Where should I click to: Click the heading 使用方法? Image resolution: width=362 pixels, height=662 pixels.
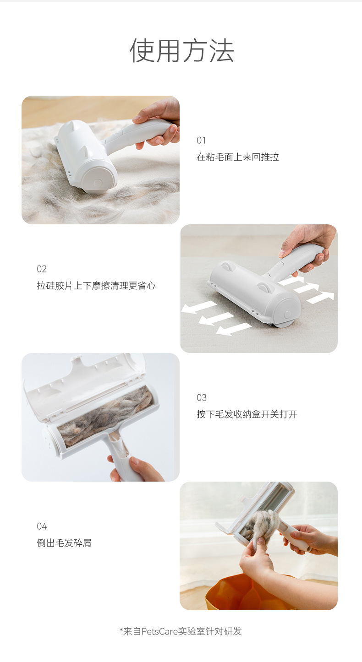click(x=181, y=50)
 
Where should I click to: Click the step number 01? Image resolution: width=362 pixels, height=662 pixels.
click(x=202, y=140)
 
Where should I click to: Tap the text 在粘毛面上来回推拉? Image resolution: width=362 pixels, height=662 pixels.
click(x=237, y=157)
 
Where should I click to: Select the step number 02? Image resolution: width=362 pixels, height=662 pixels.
click(x=42, y=269)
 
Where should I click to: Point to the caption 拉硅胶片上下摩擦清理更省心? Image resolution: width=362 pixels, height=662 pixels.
click(x=96, y=286)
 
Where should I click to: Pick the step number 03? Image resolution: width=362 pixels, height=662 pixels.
click(x=202, y=397)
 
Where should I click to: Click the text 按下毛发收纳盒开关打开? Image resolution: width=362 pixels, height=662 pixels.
click(x=247, y=414)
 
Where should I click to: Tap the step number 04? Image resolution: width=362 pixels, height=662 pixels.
click(x=42, y=526)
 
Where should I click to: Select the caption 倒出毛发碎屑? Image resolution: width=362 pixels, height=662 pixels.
click(x=64, y=543)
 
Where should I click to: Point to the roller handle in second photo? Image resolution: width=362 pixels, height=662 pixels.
click(x=293, y=261)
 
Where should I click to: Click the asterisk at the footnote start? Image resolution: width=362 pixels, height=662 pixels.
click(x=121, y=630)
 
